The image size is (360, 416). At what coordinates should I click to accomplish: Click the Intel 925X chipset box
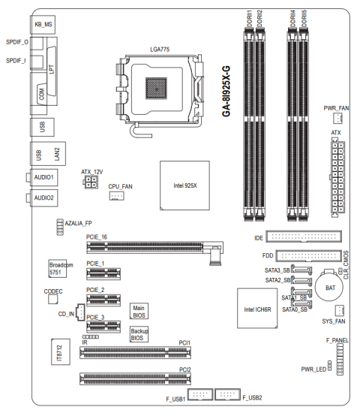184,185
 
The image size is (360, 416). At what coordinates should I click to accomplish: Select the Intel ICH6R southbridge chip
257,309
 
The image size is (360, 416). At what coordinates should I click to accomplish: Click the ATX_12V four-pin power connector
91,182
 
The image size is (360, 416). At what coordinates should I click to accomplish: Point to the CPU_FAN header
116,196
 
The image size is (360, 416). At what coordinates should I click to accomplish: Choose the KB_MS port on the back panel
43,25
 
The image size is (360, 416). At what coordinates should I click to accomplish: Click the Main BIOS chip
139,311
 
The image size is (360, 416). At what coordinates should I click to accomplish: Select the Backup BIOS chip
139,334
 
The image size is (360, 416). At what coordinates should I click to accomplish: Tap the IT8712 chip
61,352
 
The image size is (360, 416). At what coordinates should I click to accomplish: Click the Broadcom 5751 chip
58,269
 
